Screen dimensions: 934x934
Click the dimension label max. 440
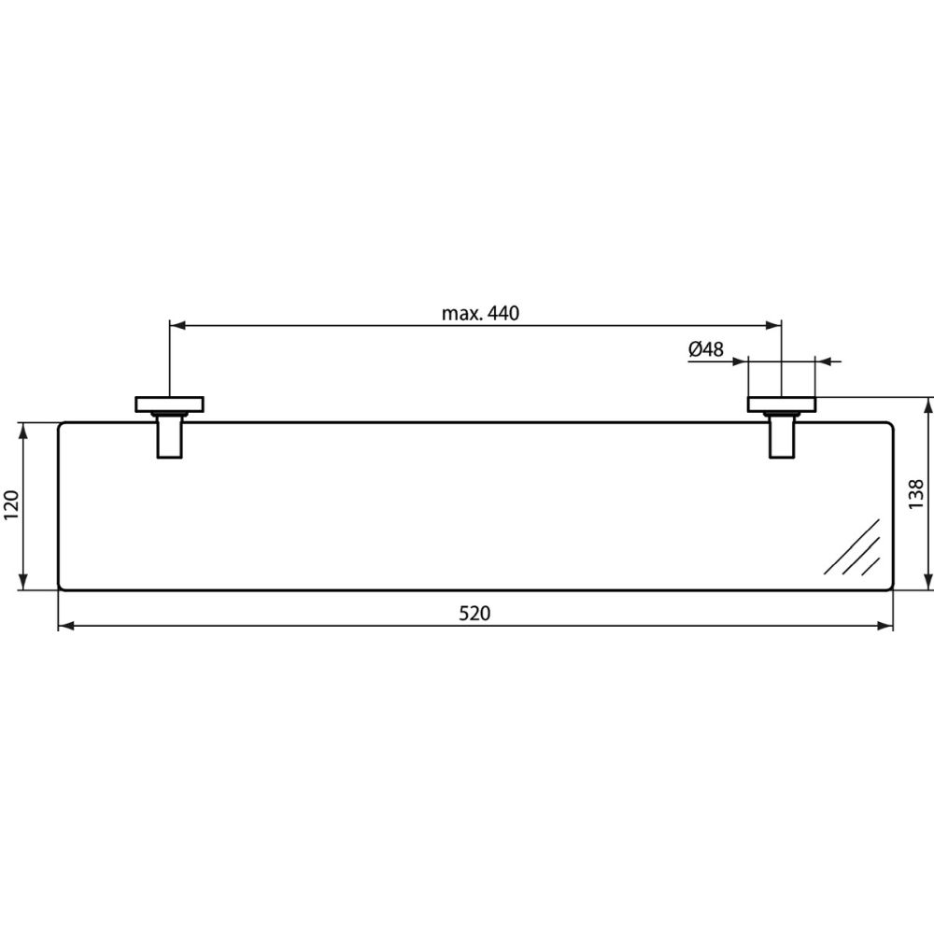pos(480,313)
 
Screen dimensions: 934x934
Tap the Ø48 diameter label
pos(706,348)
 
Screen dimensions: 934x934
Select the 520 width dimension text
pos(474,614)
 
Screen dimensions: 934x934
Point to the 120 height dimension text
pos(12,505)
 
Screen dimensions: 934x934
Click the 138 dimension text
pos(915,493)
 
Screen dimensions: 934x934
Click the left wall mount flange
pos(170,403)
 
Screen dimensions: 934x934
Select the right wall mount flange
pos(782,403)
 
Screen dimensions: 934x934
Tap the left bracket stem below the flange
pos(170,435)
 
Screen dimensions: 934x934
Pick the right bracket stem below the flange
pos(782,435)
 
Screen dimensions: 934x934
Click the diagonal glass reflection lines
pos(852,546)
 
